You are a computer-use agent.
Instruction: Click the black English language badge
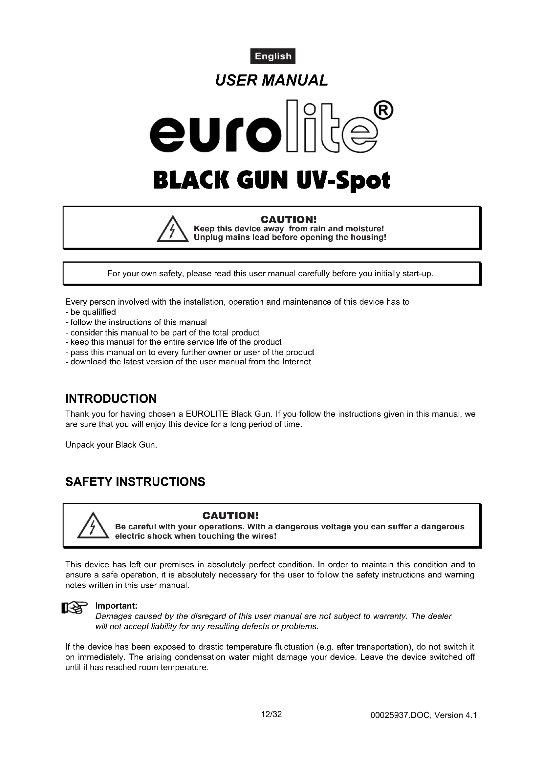point(272,56)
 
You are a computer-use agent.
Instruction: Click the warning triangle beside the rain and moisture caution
point(173,230)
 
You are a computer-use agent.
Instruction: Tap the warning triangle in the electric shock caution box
point(93,526)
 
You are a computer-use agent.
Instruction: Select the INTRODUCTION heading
point(111,398)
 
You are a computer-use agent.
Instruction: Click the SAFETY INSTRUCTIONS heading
point(135,482)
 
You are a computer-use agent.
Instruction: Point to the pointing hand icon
point(74,608)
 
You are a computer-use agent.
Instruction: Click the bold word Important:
point(116,606)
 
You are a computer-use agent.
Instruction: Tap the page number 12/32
point(271,714)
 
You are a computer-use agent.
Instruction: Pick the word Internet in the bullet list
point(296,362)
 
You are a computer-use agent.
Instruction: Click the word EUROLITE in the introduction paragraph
point(206,414)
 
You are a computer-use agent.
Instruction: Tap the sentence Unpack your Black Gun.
point(111,445)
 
